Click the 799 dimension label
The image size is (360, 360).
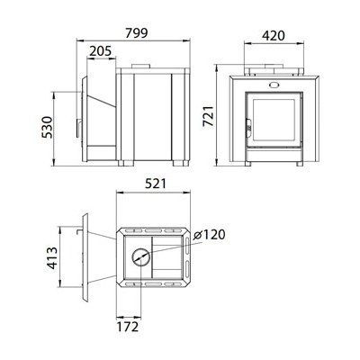pos(137,33)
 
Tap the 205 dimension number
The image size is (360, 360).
pos(101,51)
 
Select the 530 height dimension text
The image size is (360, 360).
pos(47,127)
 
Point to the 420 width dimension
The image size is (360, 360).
pos(274,36)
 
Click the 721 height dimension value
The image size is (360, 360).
pos(209,116)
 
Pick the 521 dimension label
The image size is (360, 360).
pos(156,184)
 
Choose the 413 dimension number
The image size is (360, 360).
pos(52,257)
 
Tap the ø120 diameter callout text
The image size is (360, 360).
pos(209,235)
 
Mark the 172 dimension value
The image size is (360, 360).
pos(128,327)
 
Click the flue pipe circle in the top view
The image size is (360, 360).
pos(140,257)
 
